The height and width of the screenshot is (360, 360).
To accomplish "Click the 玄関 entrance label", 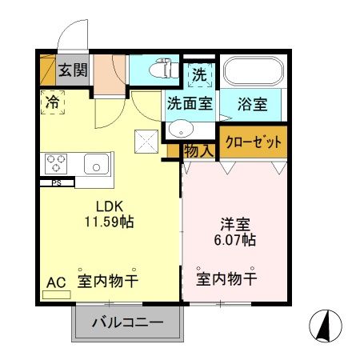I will point(73,70).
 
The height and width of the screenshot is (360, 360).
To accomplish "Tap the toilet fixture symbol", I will point(165,70).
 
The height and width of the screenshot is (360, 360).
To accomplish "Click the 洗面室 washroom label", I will point(189,102).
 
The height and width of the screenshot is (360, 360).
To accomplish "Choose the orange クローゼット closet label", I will point(254,143).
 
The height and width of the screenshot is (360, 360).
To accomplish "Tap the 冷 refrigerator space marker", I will point(51,102).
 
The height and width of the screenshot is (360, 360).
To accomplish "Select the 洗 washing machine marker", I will point(199,74).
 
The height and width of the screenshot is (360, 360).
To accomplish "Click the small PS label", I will point(56,182).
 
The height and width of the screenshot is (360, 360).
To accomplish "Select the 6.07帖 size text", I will point(234,239).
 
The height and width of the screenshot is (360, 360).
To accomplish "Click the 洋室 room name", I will point(234,223).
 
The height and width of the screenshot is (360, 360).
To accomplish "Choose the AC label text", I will point(55,282).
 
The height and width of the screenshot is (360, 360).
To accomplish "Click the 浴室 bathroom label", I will point(253,102).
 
